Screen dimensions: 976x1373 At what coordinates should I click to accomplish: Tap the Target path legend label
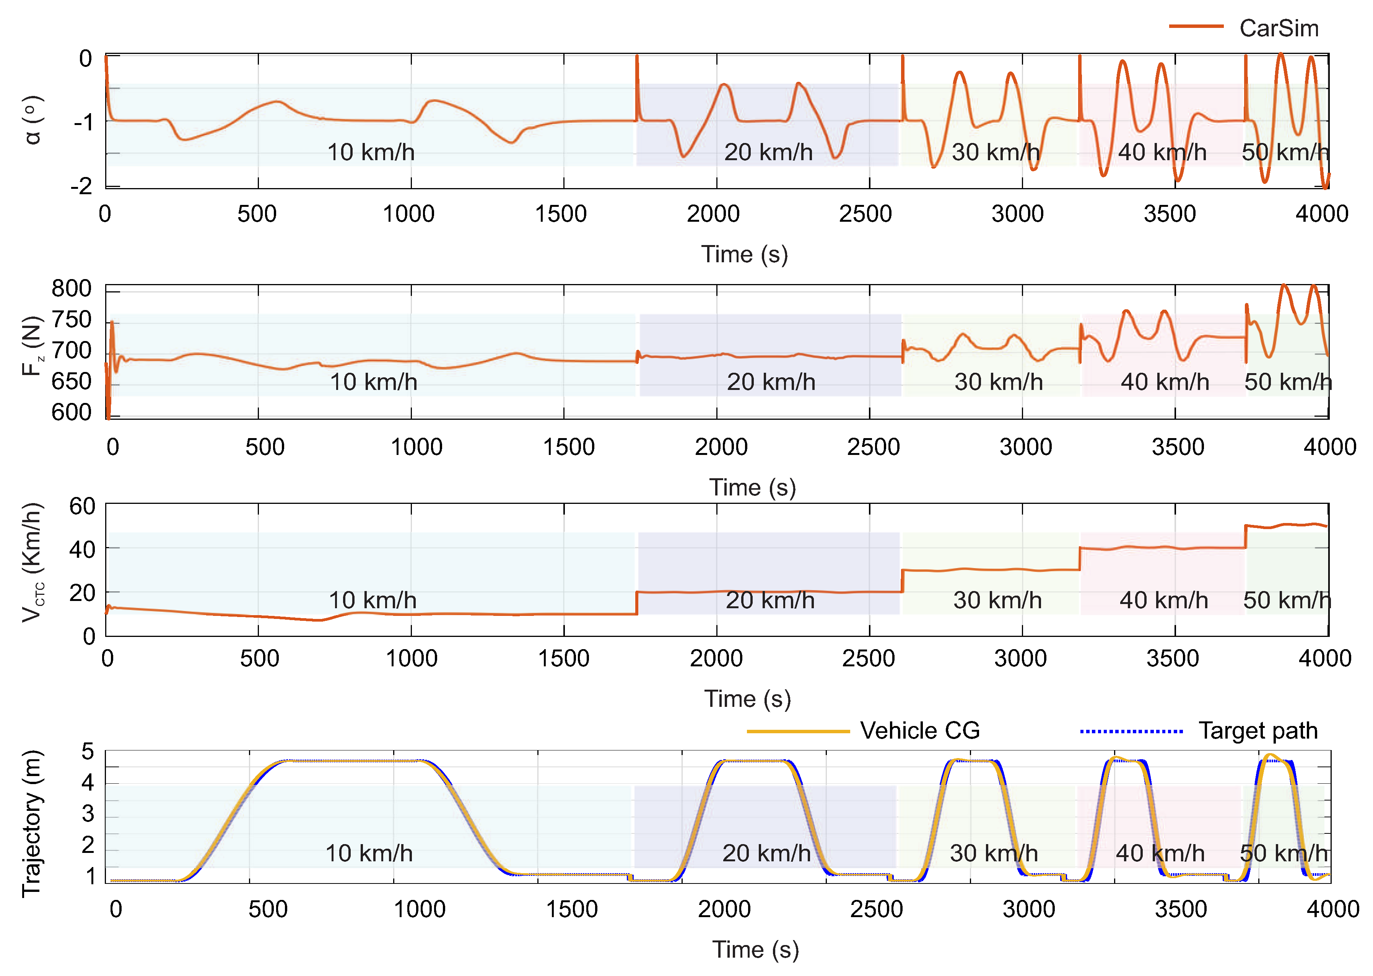tap(1257, 730)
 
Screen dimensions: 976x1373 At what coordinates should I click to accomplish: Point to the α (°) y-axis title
tap(33, 120)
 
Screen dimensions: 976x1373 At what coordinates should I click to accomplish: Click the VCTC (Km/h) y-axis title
tap(33, 562)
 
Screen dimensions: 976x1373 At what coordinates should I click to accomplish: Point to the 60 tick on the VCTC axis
tap(82, 507)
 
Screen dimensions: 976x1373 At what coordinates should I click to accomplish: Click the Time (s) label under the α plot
tap(744, 254)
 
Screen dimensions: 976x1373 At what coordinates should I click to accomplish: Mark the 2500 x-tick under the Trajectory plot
tap(876, 909)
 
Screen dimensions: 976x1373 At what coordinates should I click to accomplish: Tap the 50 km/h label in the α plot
tap(1285, 152)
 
